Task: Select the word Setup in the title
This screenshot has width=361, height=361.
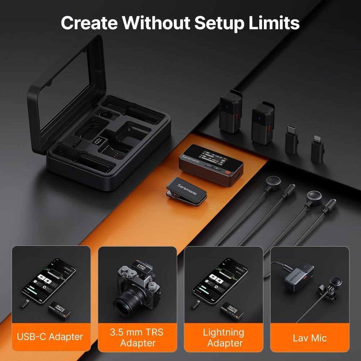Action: (x=221, y=23)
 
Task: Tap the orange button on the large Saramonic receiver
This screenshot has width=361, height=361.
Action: (x=227, y=173)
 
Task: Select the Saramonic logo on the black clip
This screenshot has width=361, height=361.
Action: (x=187, y=188)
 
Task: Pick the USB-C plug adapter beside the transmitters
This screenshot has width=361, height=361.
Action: (x=291, y=139)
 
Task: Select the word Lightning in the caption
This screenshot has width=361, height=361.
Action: (x=223, y=332)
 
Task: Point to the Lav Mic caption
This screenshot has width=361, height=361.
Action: (x=309, y=338)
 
